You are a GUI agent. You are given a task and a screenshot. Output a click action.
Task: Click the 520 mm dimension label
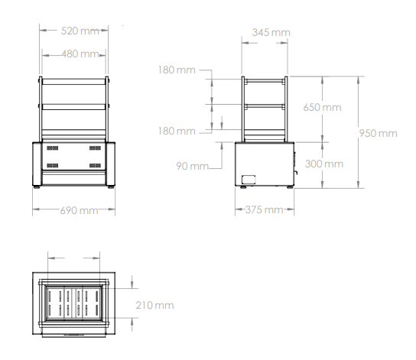coord(80,31)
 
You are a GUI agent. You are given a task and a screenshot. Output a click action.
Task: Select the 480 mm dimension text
coord(80,54)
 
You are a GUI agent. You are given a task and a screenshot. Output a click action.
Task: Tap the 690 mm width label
coord(79,210)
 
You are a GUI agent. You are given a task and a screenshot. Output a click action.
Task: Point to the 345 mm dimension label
coord(271,33)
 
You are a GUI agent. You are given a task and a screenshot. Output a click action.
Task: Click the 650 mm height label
coord(322,107)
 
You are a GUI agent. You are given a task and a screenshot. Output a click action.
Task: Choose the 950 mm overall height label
coord(378,133)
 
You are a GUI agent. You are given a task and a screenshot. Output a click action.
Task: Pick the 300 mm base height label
coord(324,164)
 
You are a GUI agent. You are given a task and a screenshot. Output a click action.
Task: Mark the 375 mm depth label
coord(265,210)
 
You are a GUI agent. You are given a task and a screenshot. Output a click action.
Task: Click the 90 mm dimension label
coord(193,166)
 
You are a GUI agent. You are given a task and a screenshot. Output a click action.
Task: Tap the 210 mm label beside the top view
coord(154,306)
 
